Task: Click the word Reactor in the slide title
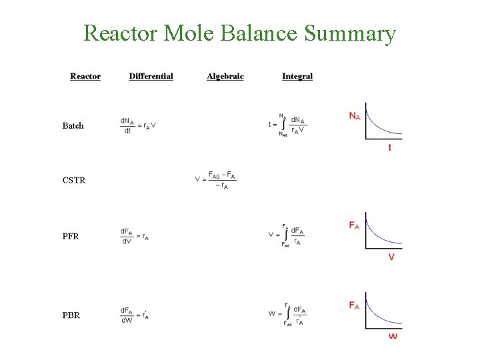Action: [117, 33]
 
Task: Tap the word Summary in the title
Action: [349, 33]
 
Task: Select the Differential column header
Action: [151, 76]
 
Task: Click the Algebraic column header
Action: [225, 76]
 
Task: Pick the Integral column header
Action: [297, 76]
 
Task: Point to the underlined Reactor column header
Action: [85, 76]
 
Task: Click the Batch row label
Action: [73, 125]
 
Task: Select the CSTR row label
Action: [74, 180]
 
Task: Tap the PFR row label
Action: [71, 236]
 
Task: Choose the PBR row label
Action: [71, 315]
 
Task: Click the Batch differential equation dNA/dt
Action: [138, 125]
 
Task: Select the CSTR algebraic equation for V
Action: [215, 180]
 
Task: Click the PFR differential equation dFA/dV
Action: [134, 236]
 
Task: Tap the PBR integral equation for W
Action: [287, 314]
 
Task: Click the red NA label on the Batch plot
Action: [355, 116]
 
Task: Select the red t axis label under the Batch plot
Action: [390, 147]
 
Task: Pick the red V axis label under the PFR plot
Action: [391, 257]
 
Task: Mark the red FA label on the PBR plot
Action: [355, 306]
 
